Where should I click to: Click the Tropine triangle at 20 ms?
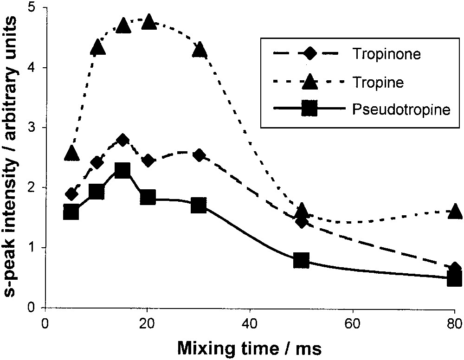[x=149, y=21]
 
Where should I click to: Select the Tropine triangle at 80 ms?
[x=455, y=211]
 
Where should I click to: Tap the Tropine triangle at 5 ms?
[x=71, y=153]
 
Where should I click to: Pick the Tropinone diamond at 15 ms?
[x=122, y=140]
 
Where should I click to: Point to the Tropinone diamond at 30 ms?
[x=200, y=155]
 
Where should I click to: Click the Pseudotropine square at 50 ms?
[x=302, y=261]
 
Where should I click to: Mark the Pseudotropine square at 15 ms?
[x=122, y=170]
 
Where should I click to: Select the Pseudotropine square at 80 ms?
[x=455, y=279]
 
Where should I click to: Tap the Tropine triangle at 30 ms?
[x=200, y=49]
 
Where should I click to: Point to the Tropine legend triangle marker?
[x=309, y=82]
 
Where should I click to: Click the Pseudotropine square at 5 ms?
[x=71, y=212]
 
